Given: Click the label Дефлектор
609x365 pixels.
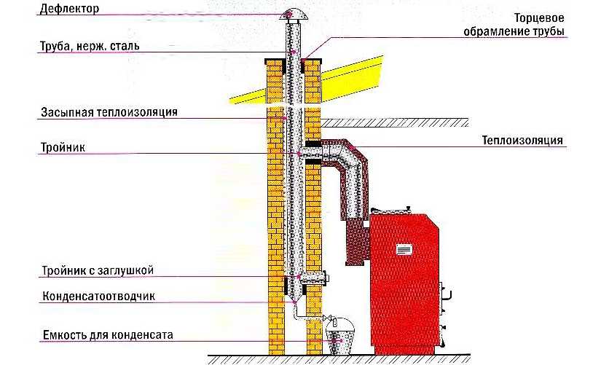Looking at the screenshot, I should pos(69,9).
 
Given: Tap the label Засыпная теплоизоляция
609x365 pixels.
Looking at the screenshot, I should pos(109,112).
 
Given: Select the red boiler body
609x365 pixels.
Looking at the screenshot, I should pos(408,284).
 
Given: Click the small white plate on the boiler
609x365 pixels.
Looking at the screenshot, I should pos(404,249).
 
